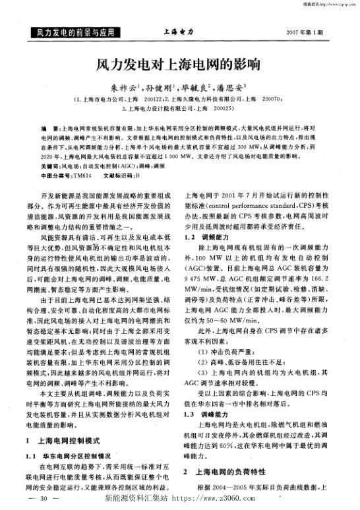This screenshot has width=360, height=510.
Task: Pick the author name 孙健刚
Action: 160,86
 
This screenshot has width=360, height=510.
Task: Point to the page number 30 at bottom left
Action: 45,499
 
